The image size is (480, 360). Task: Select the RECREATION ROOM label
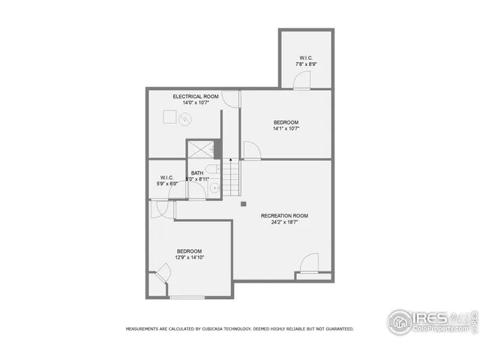284,216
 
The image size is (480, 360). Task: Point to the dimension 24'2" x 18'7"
284,223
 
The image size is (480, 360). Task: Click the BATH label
197,172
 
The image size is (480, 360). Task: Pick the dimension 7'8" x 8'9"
306,64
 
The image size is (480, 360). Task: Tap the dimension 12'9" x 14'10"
190,257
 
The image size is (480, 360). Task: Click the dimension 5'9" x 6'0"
166,184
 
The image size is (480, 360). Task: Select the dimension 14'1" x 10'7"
286,128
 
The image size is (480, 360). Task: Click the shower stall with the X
201,149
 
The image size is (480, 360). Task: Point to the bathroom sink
214,187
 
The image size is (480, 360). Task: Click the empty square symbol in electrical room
170,117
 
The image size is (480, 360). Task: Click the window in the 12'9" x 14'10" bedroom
187,298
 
